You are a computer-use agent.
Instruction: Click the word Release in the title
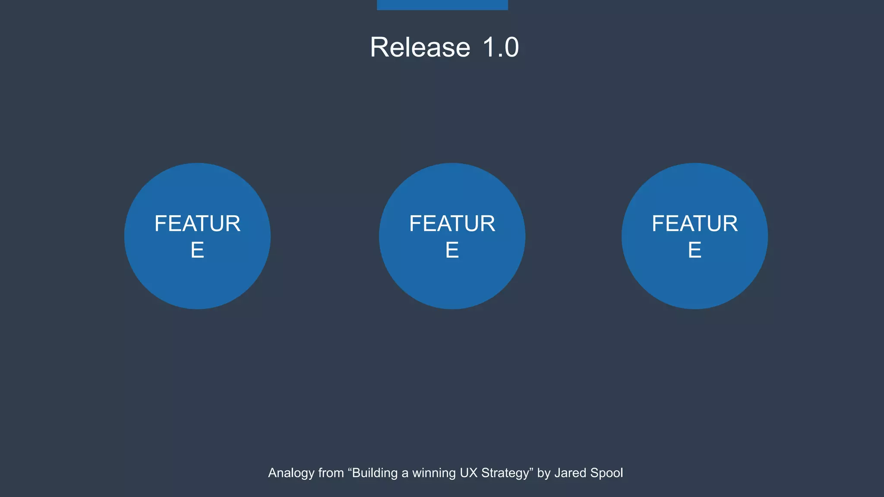420,47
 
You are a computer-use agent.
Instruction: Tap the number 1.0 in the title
500,47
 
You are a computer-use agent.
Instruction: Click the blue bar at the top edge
442,5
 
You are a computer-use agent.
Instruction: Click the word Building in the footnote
375,473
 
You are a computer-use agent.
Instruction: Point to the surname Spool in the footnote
607,473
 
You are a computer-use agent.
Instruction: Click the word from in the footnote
331,473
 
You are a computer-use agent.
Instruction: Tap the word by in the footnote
543,473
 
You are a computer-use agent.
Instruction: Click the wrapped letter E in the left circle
197,250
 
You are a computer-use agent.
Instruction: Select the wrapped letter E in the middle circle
452,250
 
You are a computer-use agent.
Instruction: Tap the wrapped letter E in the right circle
695,250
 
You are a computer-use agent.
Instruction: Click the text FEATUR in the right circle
695,223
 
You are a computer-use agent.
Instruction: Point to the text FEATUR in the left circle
197,223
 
